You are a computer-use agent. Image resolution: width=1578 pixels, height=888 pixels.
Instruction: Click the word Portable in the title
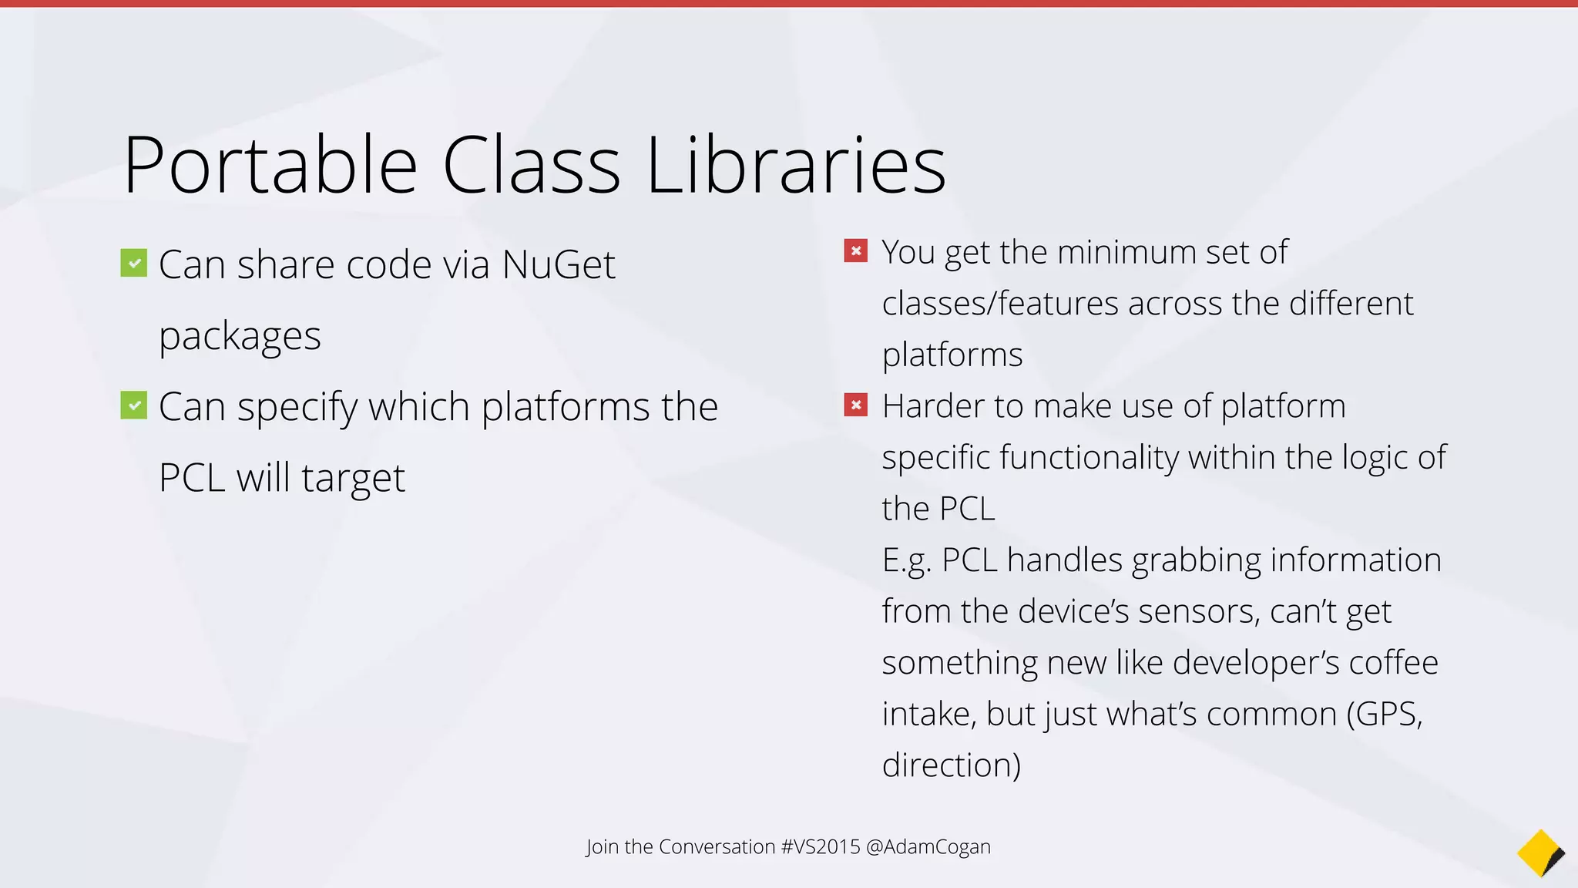(270, 166)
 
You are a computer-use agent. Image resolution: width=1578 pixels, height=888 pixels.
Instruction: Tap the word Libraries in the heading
(796, 166)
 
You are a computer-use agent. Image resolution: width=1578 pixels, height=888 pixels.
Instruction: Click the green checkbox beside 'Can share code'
(134, 263)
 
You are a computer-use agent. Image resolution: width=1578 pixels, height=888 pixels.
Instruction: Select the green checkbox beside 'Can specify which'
(134, 405)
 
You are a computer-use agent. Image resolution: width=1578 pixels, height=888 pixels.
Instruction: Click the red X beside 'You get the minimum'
(855, 251)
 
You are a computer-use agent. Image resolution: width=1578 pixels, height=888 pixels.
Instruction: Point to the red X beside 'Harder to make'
(855, 405)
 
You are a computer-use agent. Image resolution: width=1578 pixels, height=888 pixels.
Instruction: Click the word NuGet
(559, 265)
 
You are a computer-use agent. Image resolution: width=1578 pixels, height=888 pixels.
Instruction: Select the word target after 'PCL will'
(353, 479)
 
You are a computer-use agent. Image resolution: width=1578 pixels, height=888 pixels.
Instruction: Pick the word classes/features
(999, 304)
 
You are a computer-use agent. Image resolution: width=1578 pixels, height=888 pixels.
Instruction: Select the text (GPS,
(1384, 715)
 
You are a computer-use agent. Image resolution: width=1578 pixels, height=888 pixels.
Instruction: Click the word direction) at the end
(951, 765)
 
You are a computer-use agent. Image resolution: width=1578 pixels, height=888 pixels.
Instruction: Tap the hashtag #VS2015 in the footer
(820, 847)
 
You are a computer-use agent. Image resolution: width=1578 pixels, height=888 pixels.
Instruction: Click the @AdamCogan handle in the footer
(928, 847)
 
